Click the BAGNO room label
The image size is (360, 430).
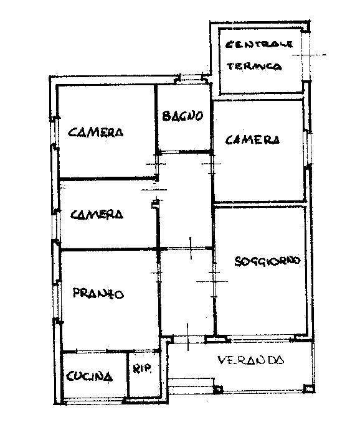pyautogui.click(x=182, y=116)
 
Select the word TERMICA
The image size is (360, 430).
pyautogui.click(x=255, y=66)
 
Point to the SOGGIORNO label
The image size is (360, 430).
pyautogui.click(x=268, y=260)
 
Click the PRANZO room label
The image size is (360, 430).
pyautogui.click(x=98, y=294)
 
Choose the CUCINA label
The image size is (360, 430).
pyautogui.click(x=90, y=376)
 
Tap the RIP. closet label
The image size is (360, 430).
pyautogui.click(x=142, y=368)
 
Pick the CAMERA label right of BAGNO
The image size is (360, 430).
pyautogui.click(x=251, y=140)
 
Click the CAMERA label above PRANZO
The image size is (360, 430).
pyautogui.click(x=96, y=215)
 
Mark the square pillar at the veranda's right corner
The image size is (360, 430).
pyautogui.click(x=308, y=390)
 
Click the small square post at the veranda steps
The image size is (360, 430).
pyautogui.click(x=217, y=390)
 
